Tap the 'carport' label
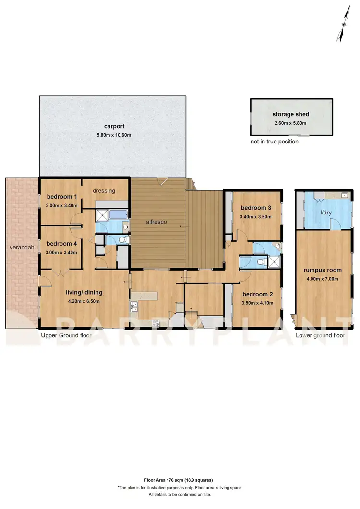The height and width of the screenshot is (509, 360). (x=113, y=126)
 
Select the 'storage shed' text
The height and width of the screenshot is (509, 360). (x=290, y=114)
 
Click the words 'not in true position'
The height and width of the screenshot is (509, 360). (x=274, y=142)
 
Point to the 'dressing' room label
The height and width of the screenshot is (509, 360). (x=104, y=190)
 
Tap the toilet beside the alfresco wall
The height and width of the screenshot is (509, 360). (x=122, y=240)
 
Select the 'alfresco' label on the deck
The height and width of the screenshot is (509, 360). (x=156, y=222)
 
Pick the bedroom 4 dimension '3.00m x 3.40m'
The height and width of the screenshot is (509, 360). (x=61, y=252)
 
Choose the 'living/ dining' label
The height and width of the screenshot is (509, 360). (x=84, y=292)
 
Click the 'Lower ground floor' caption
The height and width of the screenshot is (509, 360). (x=320, y=336)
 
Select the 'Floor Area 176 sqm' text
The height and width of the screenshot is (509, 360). (x=179, y=480)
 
